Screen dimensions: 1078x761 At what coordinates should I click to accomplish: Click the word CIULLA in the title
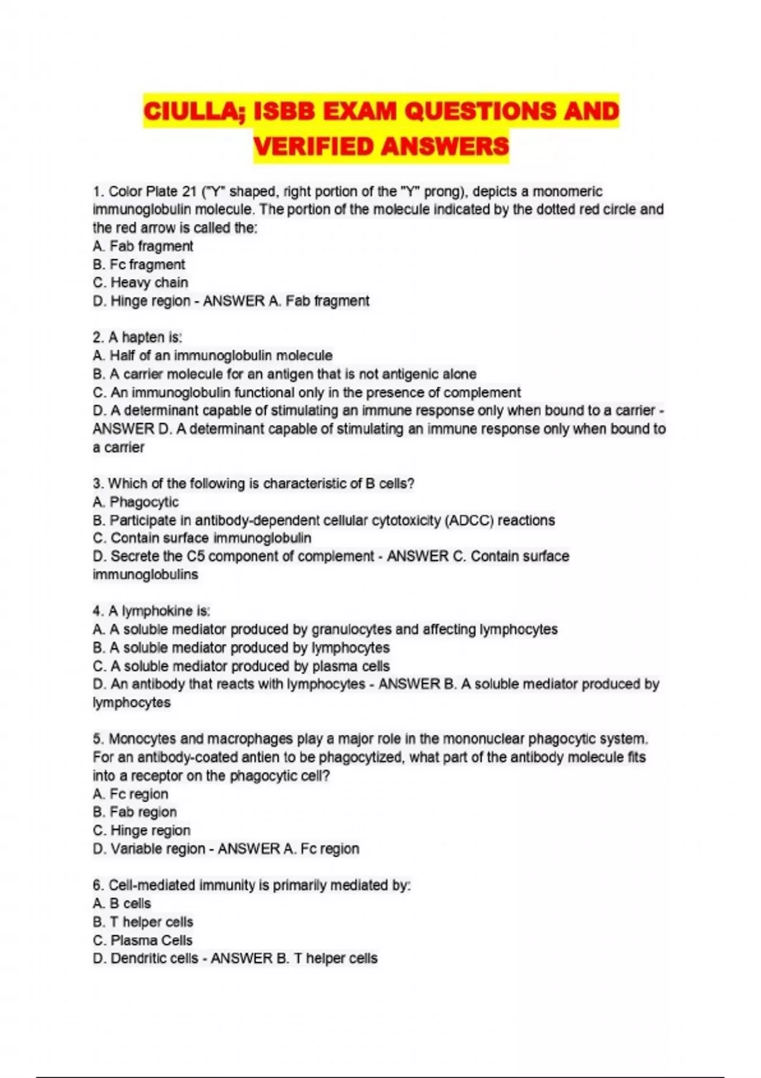192,112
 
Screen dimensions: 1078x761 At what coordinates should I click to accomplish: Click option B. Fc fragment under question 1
139,264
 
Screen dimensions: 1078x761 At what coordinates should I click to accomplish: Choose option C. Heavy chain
140,283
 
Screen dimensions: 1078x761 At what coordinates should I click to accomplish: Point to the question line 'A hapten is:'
138,337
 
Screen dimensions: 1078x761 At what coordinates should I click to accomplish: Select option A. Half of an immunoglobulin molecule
212,356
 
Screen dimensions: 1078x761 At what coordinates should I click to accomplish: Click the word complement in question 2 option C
482,393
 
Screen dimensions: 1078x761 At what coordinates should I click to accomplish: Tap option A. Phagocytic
136,502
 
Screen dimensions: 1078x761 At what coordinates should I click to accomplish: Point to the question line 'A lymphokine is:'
152,611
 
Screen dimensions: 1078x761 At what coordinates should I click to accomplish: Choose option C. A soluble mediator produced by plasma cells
241,666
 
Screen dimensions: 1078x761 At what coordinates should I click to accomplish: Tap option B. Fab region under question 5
134,812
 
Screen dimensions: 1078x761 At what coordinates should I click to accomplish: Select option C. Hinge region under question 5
141,831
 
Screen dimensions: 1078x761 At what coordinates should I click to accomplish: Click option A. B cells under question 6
122,904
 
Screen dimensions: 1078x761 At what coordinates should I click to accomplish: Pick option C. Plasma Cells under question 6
143,940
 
